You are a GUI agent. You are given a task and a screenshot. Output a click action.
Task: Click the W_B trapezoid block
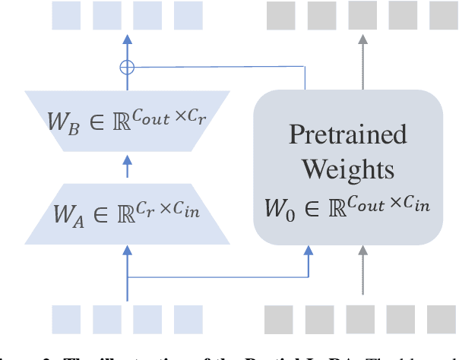[126, 120]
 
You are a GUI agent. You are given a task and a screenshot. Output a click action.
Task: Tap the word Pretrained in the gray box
[347, 134]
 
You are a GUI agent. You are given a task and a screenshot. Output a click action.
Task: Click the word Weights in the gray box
[347, 169]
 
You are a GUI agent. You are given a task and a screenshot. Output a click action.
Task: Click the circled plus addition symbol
[127, 67]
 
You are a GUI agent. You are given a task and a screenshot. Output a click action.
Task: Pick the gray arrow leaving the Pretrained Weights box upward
[362, 61]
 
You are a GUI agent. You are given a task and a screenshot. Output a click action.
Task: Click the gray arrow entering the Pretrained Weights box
[362, 270]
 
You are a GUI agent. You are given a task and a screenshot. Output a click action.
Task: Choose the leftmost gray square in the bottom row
[279, 320]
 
